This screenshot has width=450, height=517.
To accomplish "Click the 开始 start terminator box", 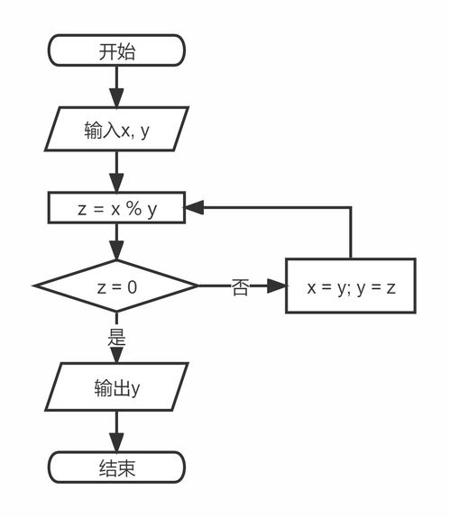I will click(116, 50).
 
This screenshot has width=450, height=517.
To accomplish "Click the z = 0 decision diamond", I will click(116, 286).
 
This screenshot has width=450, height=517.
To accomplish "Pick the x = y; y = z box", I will click(351, 286).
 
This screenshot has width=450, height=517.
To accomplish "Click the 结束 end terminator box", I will click(116, 467).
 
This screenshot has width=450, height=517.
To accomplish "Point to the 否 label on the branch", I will click(240, 288).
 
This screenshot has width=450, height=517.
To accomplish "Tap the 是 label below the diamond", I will click(116, 339).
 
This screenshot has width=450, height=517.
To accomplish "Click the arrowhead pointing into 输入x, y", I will click(116, 100).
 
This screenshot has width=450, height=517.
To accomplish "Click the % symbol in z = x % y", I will click(133, 208).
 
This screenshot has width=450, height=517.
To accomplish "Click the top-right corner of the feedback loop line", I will click(351, 208).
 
